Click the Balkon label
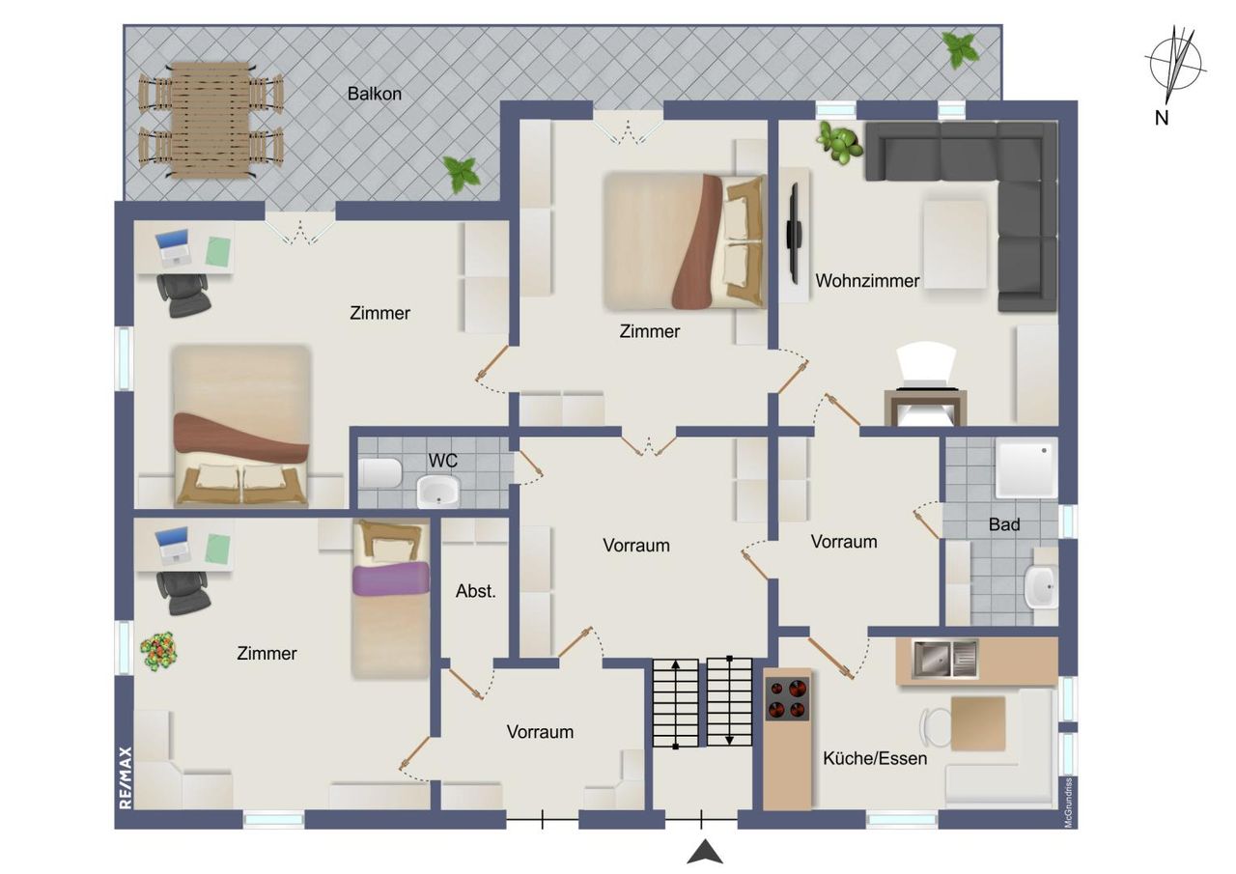point(374,94)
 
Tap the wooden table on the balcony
point(211,120)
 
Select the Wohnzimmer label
point(867,281)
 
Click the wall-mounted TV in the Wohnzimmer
point(795,234)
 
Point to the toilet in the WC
point(380,473)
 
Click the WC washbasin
point(438,491)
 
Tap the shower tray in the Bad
point(1026,467)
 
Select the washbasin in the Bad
point(1041,586)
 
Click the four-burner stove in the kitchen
point(787,699)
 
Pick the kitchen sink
point(944,659)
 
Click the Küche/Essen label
point(875,758)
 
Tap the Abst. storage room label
point(476,591)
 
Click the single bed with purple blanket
point(391,599)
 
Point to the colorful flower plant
point(159,651)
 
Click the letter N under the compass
point(1162,118)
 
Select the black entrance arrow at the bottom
point(705,853)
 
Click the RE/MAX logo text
point(126,778)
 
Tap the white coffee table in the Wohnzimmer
point(955,244)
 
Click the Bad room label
point(1004,524)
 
